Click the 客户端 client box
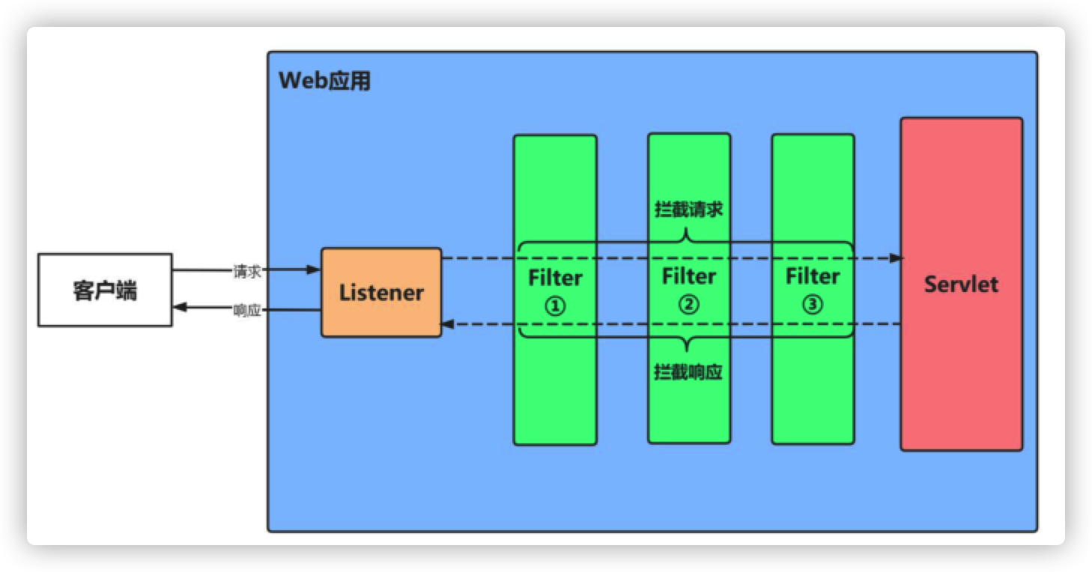105,290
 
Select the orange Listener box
381,293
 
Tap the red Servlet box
961,285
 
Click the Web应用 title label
324,81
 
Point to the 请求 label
247,272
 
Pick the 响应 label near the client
247,311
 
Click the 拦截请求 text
688,209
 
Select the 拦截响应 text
688,371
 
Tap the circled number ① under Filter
554,305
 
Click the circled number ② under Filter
688,304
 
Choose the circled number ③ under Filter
813,304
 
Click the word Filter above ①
555,279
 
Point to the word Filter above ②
688,277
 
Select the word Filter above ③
813,277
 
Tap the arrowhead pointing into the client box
179,308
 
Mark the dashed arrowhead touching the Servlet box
896,258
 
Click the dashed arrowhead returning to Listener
448,324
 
